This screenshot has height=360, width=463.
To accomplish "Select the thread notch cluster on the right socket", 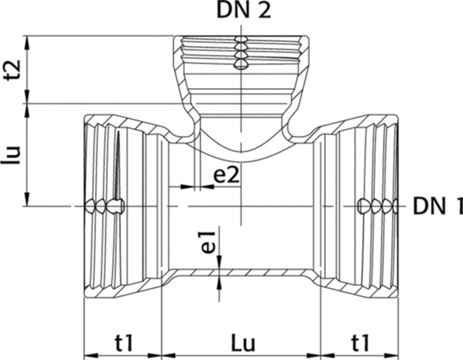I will (379, 206).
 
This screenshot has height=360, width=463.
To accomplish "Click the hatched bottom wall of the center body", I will (241, 272).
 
